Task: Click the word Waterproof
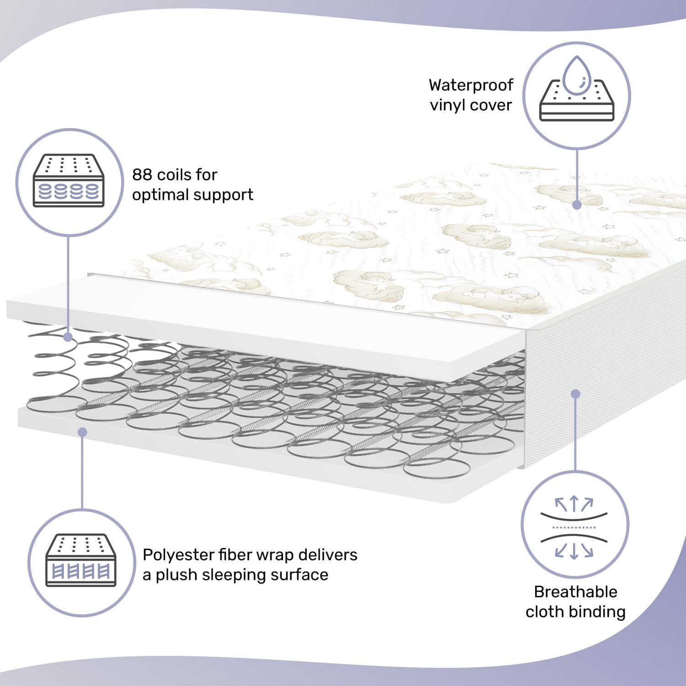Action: pyautogui.click(x=471, y=85)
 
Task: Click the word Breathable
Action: pyautogui.click(x=575, y=592)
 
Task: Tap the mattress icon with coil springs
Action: pyautogui.click(x=69, y=181)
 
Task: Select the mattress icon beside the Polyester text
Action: pyautogui.click(x=81, y=560)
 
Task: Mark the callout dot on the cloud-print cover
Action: pyautogui.click(x=577, y=205)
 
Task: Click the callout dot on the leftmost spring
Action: pyautogui.click(x=68, y=338)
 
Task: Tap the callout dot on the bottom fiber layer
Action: pyautogui.click(x=82, y=432)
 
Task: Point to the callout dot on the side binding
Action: pyautogui.click(x=576, y=394)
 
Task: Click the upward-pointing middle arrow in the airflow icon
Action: pyautogui.click(x=574, y=504)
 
